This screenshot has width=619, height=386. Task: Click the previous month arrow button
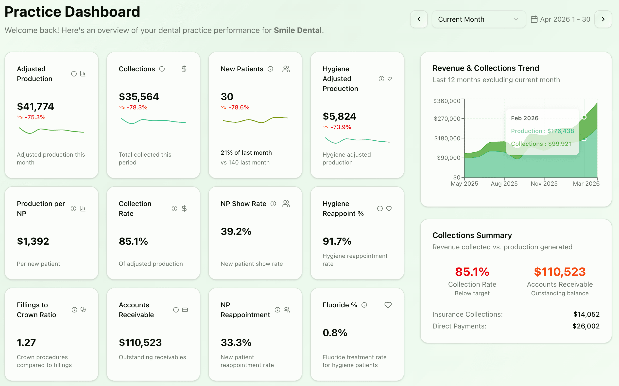419,19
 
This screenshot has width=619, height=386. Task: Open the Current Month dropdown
478,19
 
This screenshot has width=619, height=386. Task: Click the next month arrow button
603,19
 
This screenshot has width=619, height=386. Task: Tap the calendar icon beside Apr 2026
534,19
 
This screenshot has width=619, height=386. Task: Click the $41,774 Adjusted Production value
35,106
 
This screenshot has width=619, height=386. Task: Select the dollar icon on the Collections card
184,69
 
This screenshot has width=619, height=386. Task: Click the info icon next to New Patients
270,69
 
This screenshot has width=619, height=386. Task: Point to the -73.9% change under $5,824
341,127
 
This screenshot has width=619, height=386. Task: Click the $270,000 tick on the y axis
447,119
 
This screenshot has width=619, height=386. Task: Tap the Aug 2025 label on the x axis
504,184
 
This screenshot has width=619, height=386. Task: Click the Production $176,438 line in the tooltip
542,131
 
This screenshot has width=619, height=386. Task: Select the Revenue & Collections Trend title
485,68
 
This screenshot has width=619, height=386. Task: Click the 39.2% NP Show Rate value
236,231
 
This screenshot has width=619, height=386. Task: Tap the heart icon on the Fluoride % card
388,305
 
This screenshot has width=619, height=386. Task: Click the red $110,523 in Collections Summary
559,272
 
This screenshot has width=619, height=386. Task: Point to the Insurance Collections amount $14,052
586,314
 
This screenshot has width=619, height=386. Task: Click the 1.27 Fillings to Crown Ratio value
26,342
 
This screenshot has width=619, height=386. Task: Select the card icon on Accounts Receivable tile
185,310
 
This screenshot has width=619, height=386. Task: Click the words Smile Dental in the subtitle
297,30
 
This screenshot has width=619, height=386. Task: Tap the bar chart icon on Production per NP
83,208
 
